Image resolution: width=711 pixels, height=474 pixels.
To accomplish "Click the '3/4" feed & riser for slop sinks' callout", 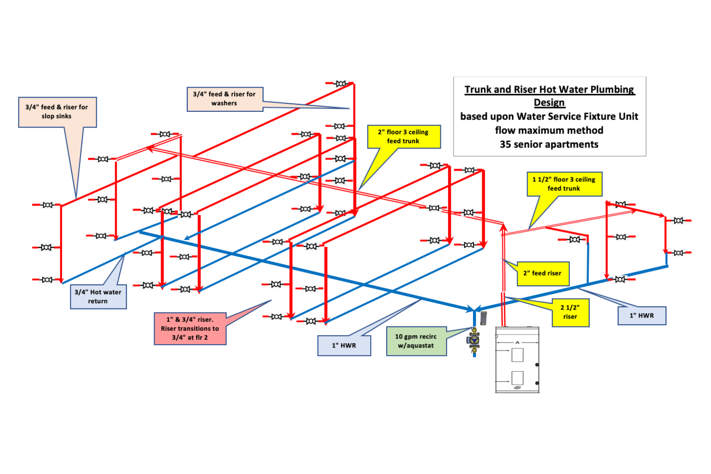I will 57,112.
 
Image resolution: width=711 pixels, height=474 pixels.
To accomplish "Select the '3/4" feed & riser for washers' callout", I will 225,99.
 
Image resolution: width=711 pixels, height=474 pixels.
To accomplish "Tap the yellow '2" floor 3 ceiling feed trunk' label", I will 404,137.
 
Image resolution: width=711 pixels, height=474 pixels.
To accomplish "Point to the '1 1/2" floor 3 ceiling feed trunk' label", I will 564,184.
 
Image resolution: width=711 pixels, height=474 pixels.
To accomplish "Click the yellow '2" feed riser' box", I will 542,273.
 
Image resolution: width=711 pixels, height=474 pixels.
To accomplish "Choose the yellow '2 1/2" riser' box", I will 570,312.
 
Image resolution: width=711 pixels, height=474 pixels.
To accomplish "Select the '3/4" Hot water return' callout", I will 98,297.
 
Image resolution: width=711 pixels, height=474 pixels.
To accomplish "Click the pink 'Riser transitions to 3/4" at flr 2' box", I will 190,328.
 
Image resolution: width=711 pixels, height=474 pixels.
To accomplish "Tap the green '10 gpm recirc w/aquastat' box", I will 416,341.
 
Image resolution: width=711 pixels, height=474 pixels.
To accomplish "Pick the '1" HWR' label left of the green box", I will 344,346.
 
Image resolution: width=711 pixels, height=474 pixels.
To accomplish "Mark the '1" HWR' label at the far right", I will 642,316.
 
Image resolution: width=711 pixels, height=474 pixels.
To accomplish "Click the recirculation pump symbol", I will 474,339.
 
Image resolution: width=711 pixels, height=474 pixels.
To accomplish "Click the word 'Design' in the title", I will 549,103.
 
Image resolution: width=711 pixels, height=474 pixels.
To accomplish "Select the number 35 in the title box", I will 506,145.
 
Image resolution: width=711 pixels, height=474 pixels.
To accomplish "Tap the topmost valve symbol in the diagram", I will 340,84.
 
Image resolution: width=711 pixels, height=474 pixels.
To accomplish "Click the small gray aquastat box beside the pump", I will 483,318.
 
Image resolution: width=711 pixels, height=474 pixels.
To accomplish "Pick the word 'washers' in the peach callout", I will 224,103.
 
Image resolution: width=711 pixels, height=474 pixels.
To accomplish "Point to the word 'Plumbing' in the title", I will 612,90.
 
